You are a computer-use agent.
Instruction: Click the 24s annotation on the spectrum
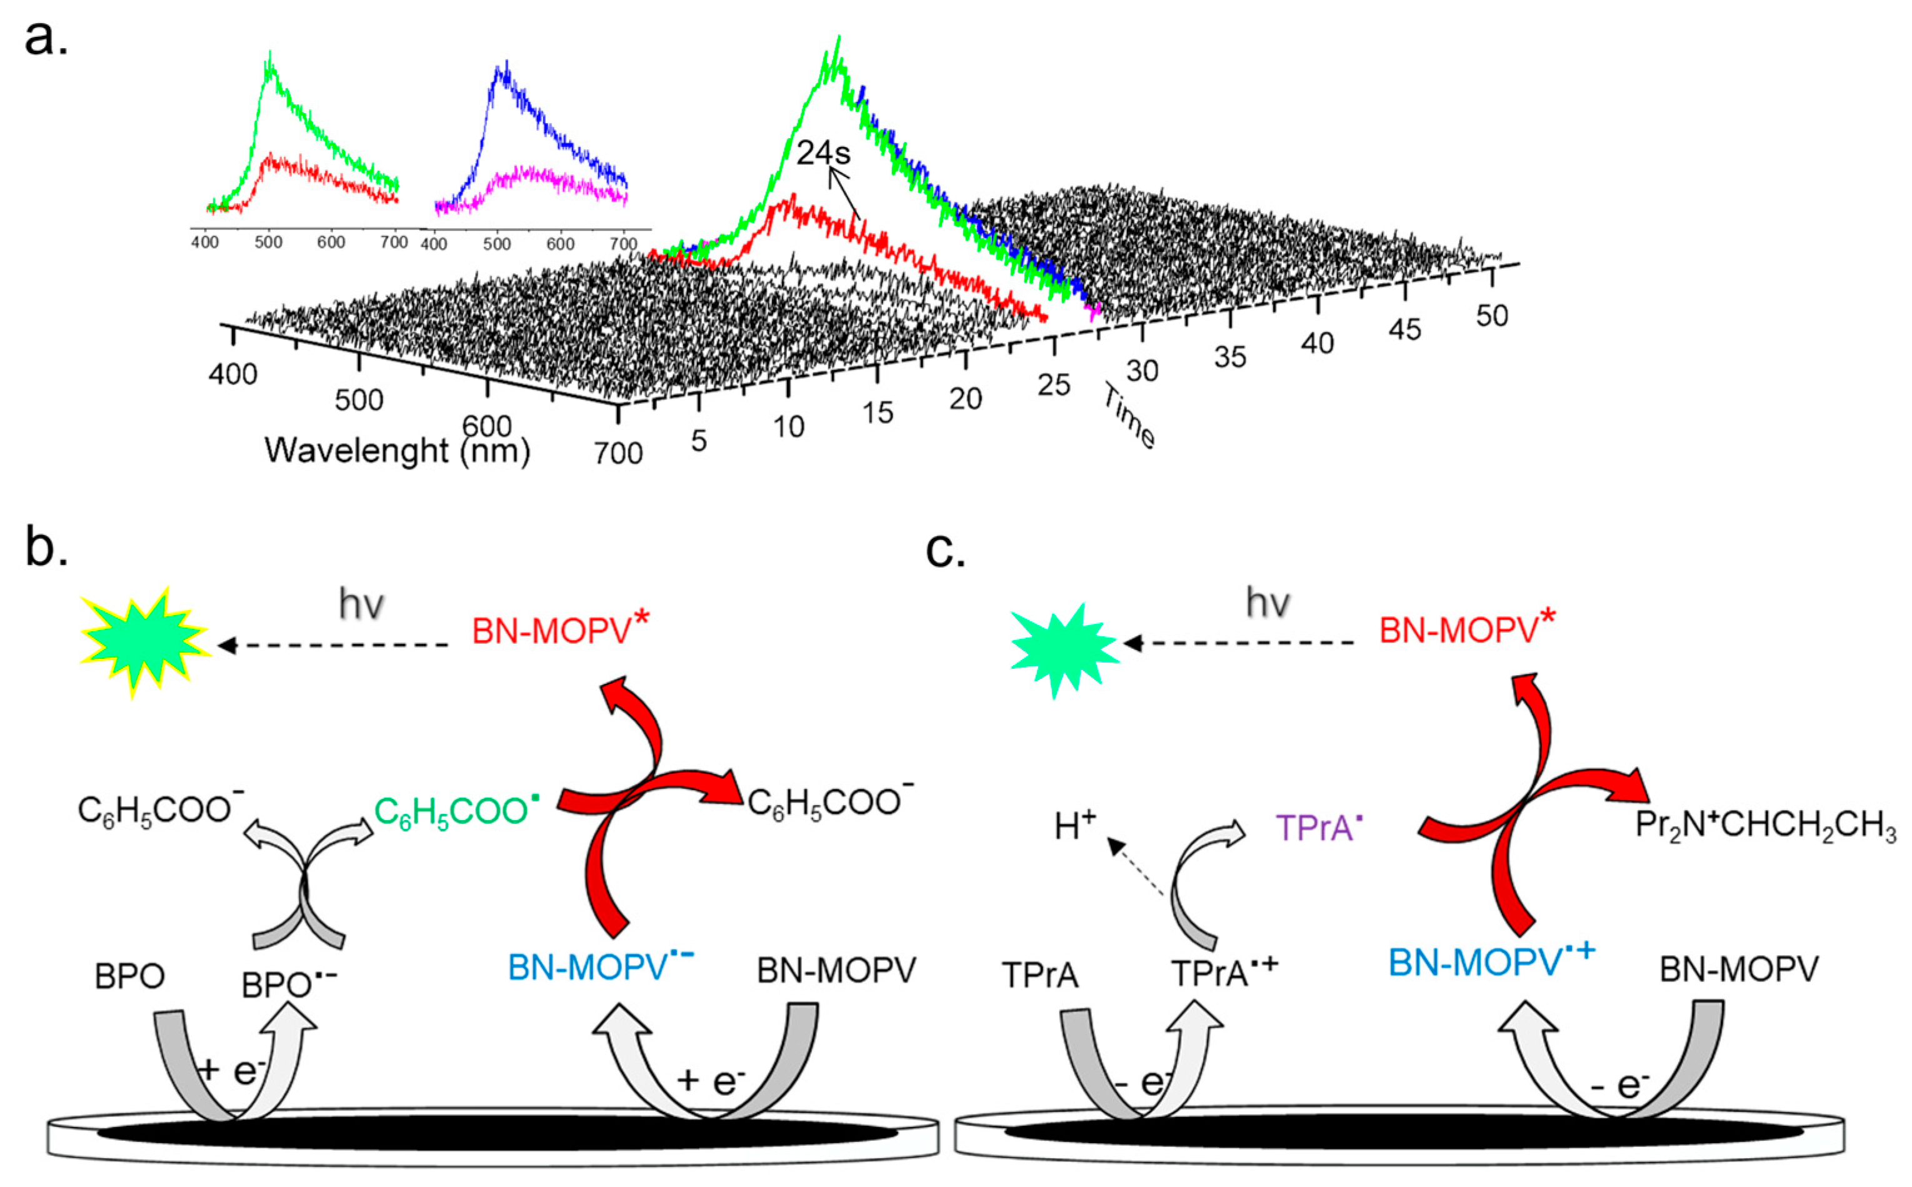coord(823,153)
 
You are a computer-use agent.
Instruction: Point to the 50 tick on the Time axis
coord(1491,316)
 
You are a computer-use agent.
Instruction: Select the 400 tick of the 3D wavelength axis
coord(233,374)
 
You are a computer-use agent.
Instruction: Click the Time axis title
coord(1129,416)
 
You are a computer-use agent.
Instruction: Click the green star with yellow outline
coord(145,642)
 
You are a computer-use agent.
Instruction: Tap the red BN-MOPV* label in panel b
coord(561,629)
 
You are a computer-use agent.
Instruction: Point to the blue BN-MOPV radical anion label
coord(601,967)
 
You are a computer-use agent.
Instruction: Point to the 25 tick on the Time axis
coord(1053,384)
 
